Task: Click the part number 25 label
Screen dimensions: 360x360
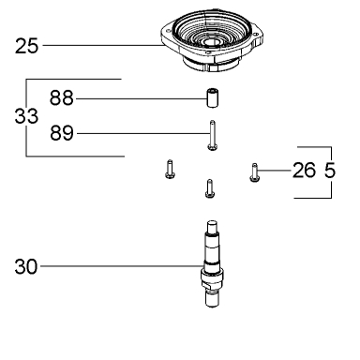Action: (26, 46)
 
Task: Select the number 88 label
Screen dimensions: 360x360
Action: (62, 97)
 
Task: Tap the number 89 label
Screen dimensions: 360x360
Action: (62, 133)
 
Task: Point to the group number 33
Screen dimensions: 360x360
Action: (26, 116)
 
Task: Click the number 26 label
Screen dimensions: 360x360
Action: (304, 171)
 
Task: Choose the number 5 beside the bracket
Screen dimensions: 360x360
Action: (330, 171)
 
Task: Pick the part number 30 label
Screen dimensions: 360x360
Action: (26, 267)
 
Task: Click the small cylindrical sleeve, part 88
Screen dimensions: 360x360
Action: (212, 97)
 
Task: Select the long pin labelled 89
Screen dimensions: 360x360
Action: (212, 135)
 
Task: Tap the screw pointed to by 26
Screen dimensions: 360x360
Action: (254, 172)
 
